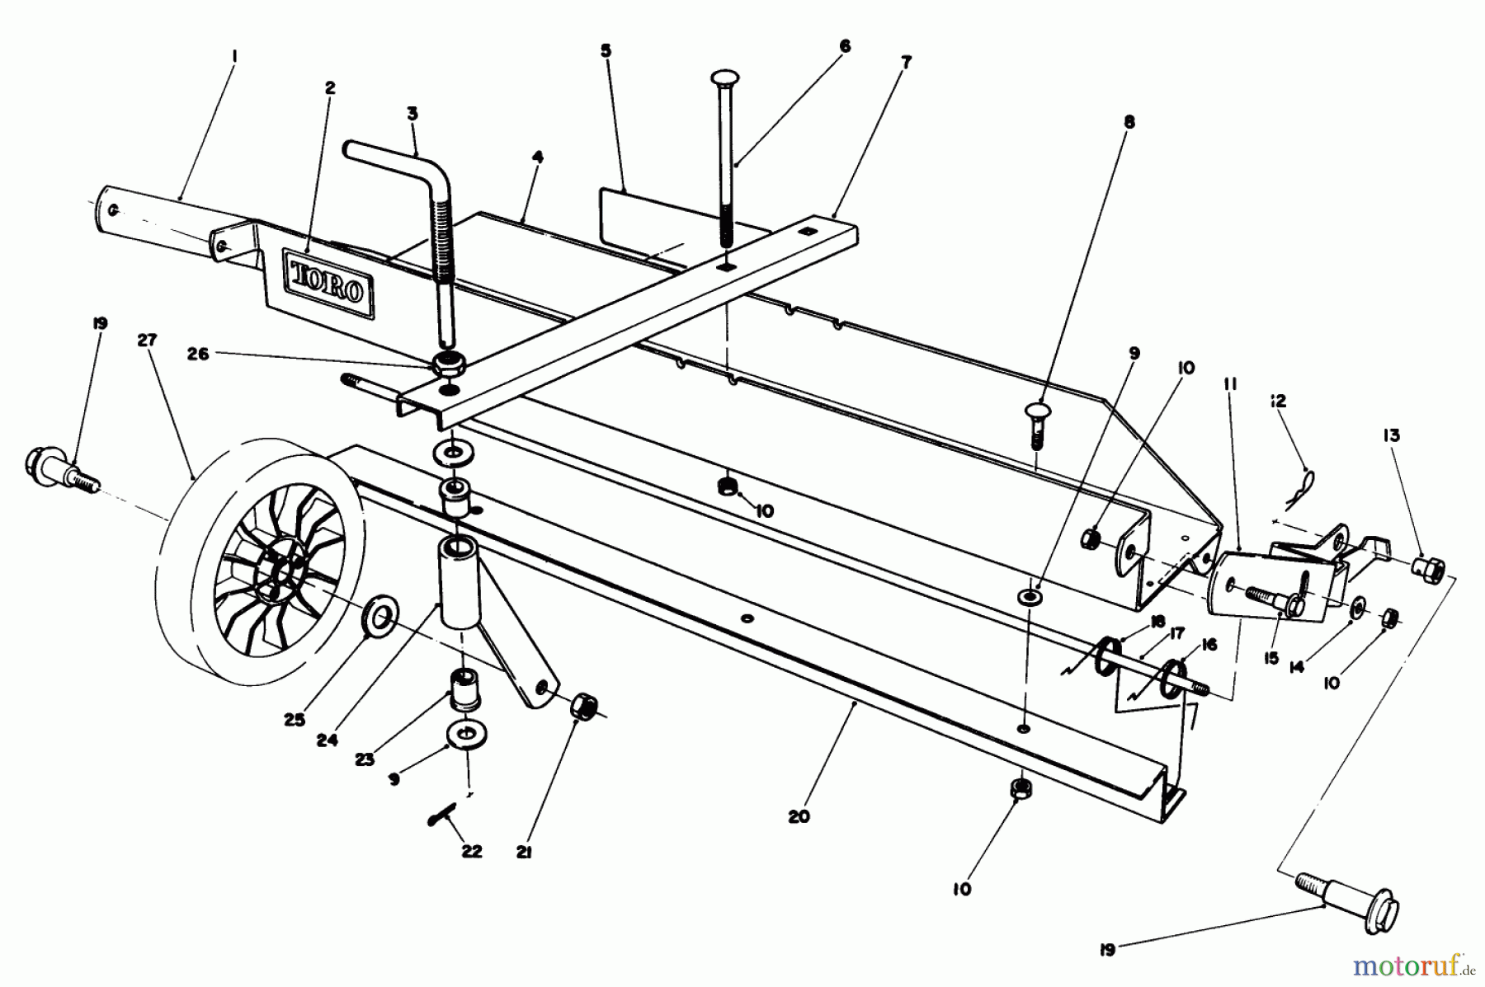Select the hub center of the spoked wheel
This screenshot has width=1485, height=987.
[276, 568]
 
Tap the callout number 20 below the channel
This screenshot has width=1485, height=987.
[799, 817]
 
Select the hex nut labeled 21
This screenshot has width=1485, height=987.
[583, 707]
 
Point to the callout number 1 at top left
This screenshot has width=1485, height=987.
[235, 56]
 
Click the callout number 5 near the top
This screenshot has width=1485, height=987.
[606, 51]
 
